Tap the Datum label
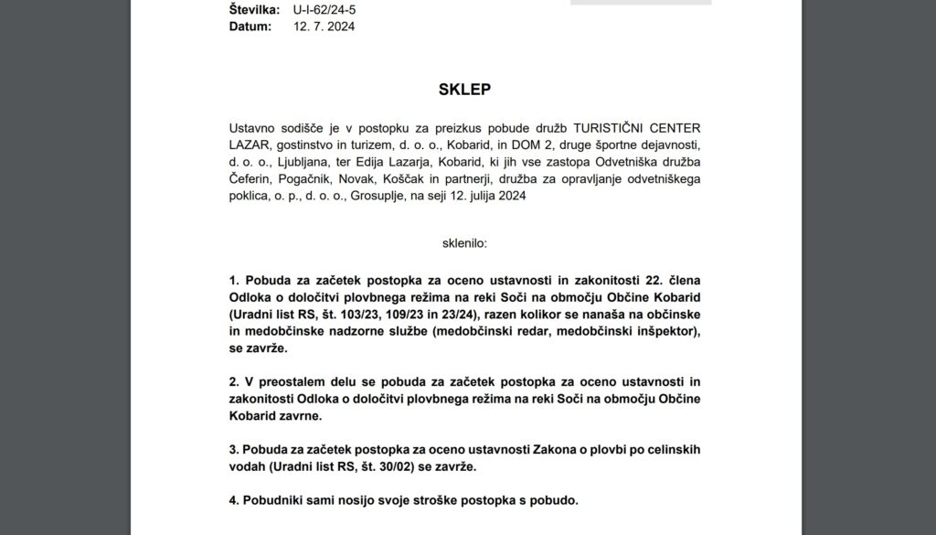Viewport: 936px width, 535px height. (250, 27)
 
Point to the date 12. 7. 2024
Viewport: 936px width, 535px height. (324, 27)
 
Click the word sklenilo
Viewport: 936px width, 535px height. (464, 244)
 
